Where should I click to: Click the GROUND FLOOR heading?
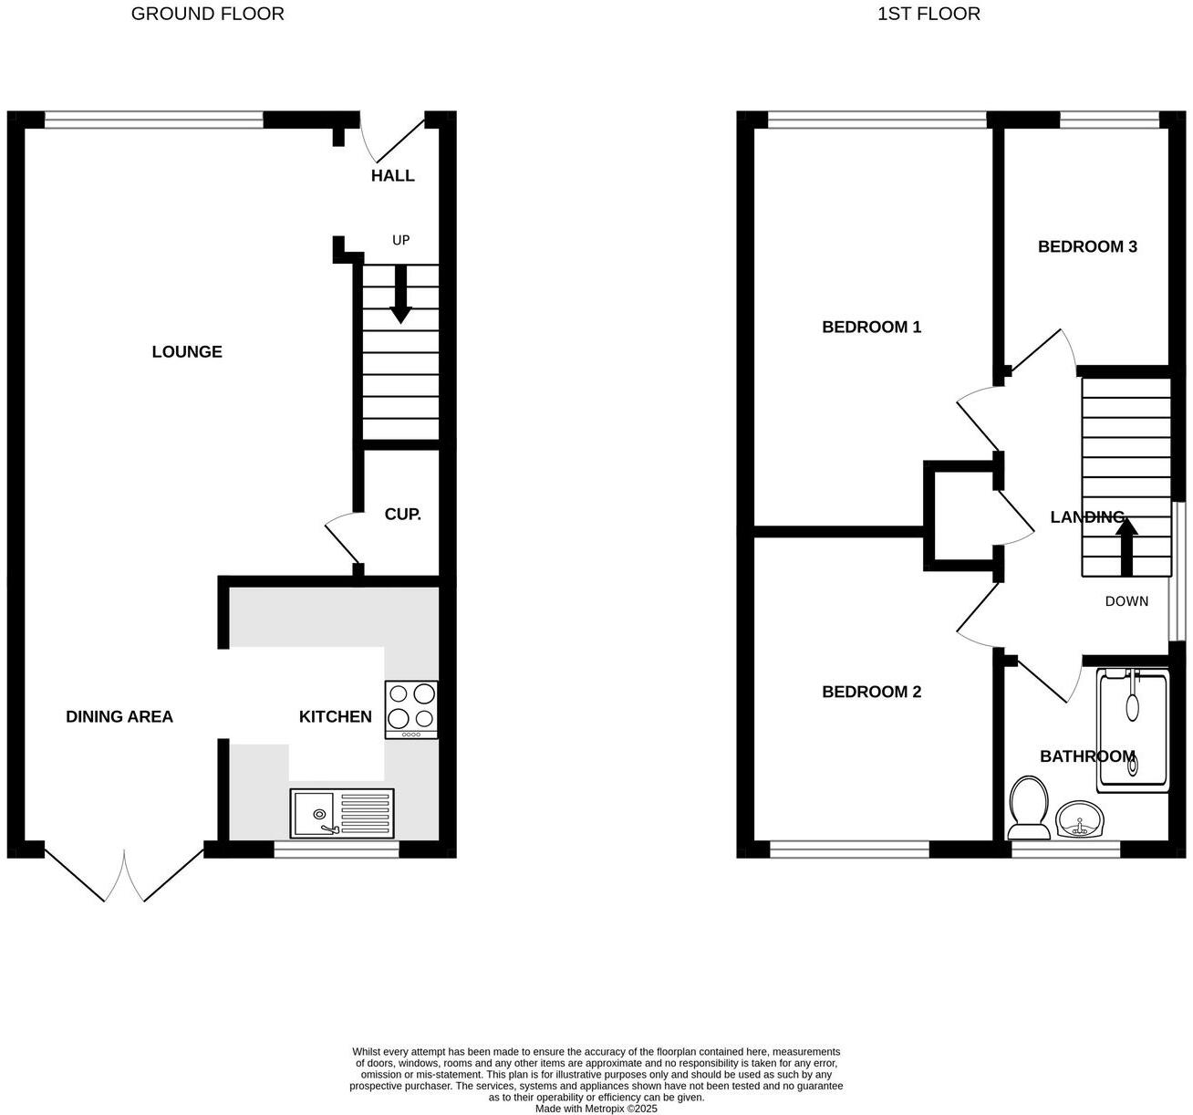point(207,14)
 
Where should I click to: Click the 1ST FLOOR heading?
point(928,14)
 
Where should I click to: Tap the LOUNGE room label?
point(187,352)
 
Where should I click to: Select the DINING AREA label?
point(119,717)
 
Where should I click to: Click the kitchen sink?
point(342,813)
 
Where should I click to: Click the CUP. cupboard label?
point(402,515)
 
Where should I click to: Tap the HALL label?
point(392,176)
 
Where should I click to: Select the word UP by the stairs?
point(400,240)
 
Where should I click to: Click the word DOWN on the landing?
point(1126,601)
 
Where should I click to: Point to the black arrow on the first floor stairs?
point(1126,546)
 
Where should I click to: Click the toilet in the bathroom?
point(1028,808)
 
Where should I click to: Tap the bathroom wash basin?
point(1080,820)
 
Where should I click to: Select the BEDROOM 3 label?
point(1087,246)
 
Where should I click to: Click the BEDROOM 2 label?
point(871,692)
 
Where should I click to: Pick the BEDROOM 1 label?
point(871,327)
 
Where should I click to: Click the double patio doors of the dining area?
point(124,876)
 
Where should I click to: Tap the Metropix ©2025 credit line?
point(596,1109)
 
